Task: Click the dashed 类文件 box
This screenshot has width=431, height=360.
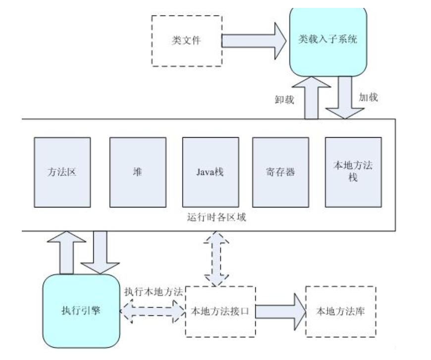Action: pos(186,41)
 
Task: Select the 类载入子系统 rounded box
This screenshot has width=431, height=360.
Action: pos(327,40)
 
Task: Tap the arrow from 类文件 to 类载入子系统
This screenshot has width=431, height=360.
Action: pos(254,41)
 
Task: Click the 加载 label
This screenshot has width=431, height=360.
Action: pos(368,97)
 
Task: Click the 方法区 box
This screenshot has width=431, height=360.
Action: pos(62,172)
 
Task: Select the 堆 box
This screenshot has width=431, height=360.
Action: pos(138,172)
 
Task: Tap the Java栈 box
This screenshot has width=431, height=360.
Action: pos(211,172)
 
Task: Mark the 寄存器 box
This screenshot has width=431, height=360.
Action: pos(280,172)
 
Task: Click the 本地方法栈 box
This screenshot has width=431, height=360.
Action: pos(353,172)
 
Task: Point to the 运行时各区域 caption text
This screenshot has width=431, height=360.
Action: pos(216,217)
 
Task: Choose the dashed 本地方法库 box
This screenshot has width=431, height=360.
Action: pos(340,311)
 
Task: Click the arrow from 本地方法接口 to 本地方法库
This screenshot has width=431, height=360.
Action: pos(280,311)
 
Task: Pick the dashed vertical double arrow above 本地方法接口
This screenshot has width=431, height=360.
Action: pos(216,258)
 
